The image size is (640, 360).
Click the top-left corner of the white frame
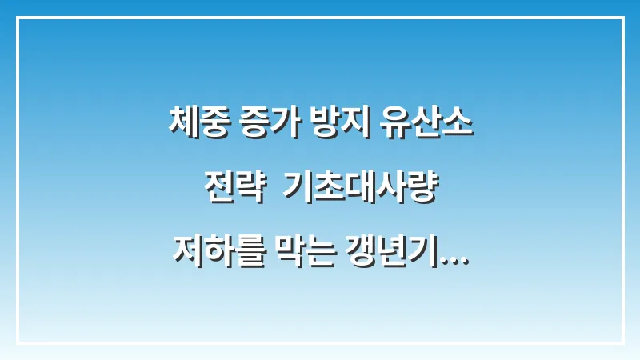click(x=17, y=17)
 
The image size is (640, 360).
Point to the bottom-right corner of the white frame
click(x=623, y=343)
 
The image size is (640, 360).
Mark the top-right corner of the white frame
click(x=623, y=17)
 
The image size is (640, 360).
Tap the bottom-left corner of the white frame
click(x=17, y=343)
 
